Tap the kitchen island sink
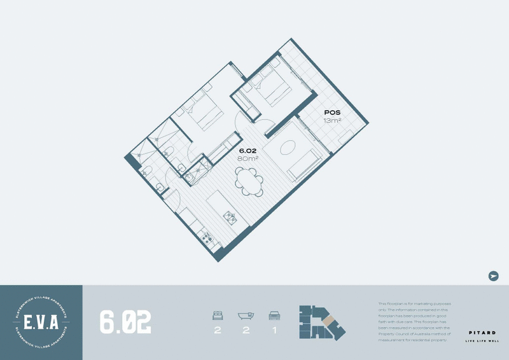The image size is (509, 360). tap(228, 216)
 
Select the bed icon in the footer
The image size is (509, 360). tap(218, 315)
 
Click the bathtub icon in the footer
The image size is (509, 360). tap(246, 315)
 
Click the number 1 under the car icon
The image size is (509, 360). tap(275, 331)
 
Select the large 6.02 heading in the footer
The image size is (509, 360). tap(125, 322)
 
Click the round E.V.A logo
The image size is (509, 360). tap(41, 322)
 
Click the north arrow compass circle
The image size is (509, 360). tap(493, 275)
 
